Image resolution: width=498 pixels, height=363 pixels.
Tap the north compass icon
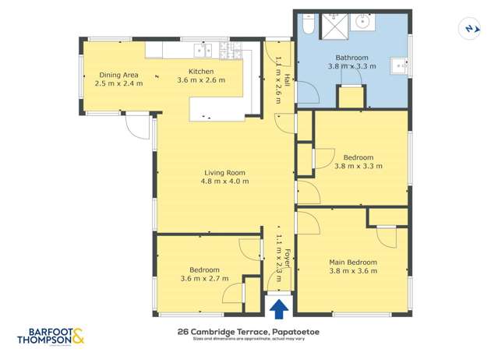coord(469,29)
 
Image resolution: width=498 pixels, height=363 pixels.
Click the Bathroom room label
coord(351,58)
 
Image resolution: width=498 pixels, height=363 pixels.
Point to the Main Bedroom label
coord(352,263)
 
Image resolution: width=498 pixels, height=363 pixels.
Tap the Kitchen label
coord(200,71)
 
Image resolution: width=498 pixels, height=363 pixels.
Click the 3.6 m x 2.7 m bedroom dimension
coord(204,278)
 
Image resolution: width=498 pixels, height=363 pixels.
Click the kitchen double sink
coord(203,51)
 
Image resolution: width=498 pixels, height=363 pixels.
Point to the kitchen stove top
coord(231,51)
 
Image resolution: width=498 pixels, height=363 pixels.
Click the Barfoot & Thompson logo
coord(50,337)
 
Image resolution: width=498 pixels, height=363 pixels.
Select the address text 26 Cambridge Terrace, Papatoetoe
coord(249,333)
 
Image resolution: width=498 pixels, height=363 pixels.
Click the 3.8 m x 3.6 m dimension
coord(352,271)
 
